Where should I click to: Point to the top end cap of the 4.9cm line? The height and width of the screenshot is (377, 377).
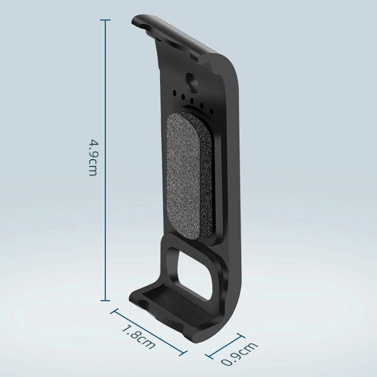click(105, 20)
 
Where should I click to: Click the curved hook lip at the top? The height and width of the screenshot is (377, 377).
click(141, 22)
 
